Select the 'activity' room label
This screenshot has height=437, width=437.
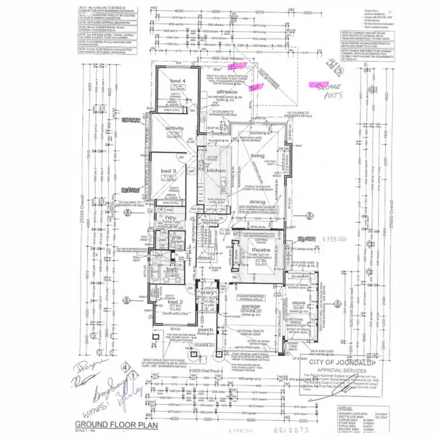coord(174,128)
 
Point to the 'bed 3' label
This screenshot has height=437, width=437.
coord(169,170)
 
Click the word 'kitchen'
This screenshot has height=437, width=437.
coord(216,170)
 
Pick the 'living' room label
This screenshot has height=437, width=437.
coord(257,156)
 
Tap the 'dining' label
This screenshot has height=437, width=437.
coord(257,202)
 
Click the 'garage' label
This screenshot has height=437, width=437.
coord(252,306)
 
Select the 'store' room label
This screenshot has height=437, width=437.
coord(298,303)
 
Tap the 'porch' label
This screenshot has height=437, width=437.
coord(206,331)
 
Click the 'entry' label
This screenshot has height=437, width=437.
coord(206,294)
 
